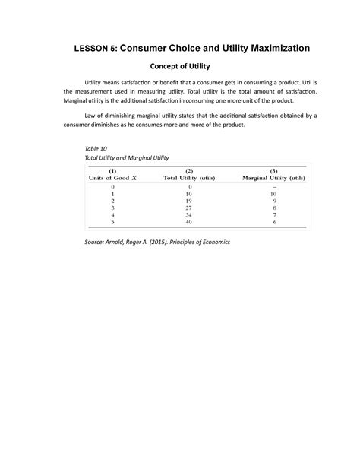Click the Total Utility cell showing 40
[x=189, y=222]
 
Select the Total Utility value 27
[x=189, y=206]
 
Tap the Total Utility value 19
[x=189, y=199]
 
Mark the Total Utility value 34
[x=189, y=214]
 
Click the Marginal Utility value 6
[x=274, y=222]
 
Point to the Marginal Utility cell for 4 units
[x=274, y=214]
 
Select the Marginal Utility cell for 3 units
[x=274, y=206]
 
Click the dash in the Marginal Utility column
[x=274, y=186]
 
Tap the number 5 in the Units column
[x=113, y=222]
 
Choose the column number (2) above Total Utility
[x=189, y=170]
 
